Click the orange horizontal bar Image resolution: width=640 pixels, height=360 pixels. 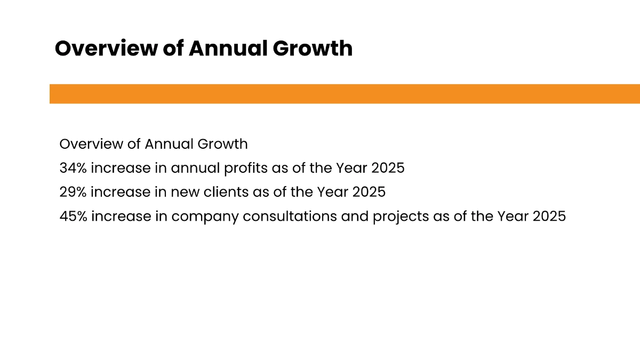[x=345, y=94]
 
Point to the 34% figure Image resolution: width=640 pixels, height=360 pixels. [x=73, y=168]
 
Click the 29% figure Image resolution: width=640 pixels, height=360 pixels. [x=73, y=193]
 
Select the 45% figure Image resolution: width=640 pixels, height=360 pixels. [x=73, y=217]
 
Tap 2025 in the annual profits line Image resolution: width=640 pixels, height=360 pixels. [x=388, y=168]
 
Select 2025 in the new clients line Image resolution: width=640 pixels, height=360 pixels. [x=369, y=193]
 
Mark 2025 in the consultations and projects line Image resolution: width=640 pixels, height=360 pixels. [x=549, y=217]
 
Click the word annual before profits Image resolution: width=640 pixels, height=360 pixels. [x=195, y=169]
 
